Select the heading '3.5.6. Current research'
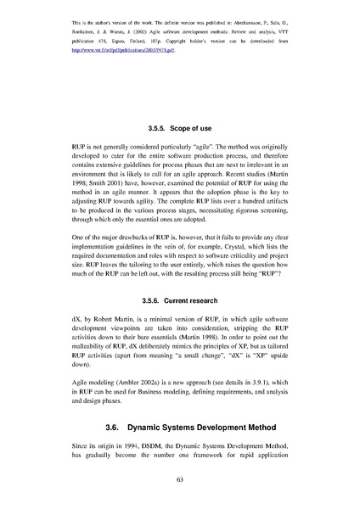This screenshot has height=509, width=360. coord(180,300)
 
